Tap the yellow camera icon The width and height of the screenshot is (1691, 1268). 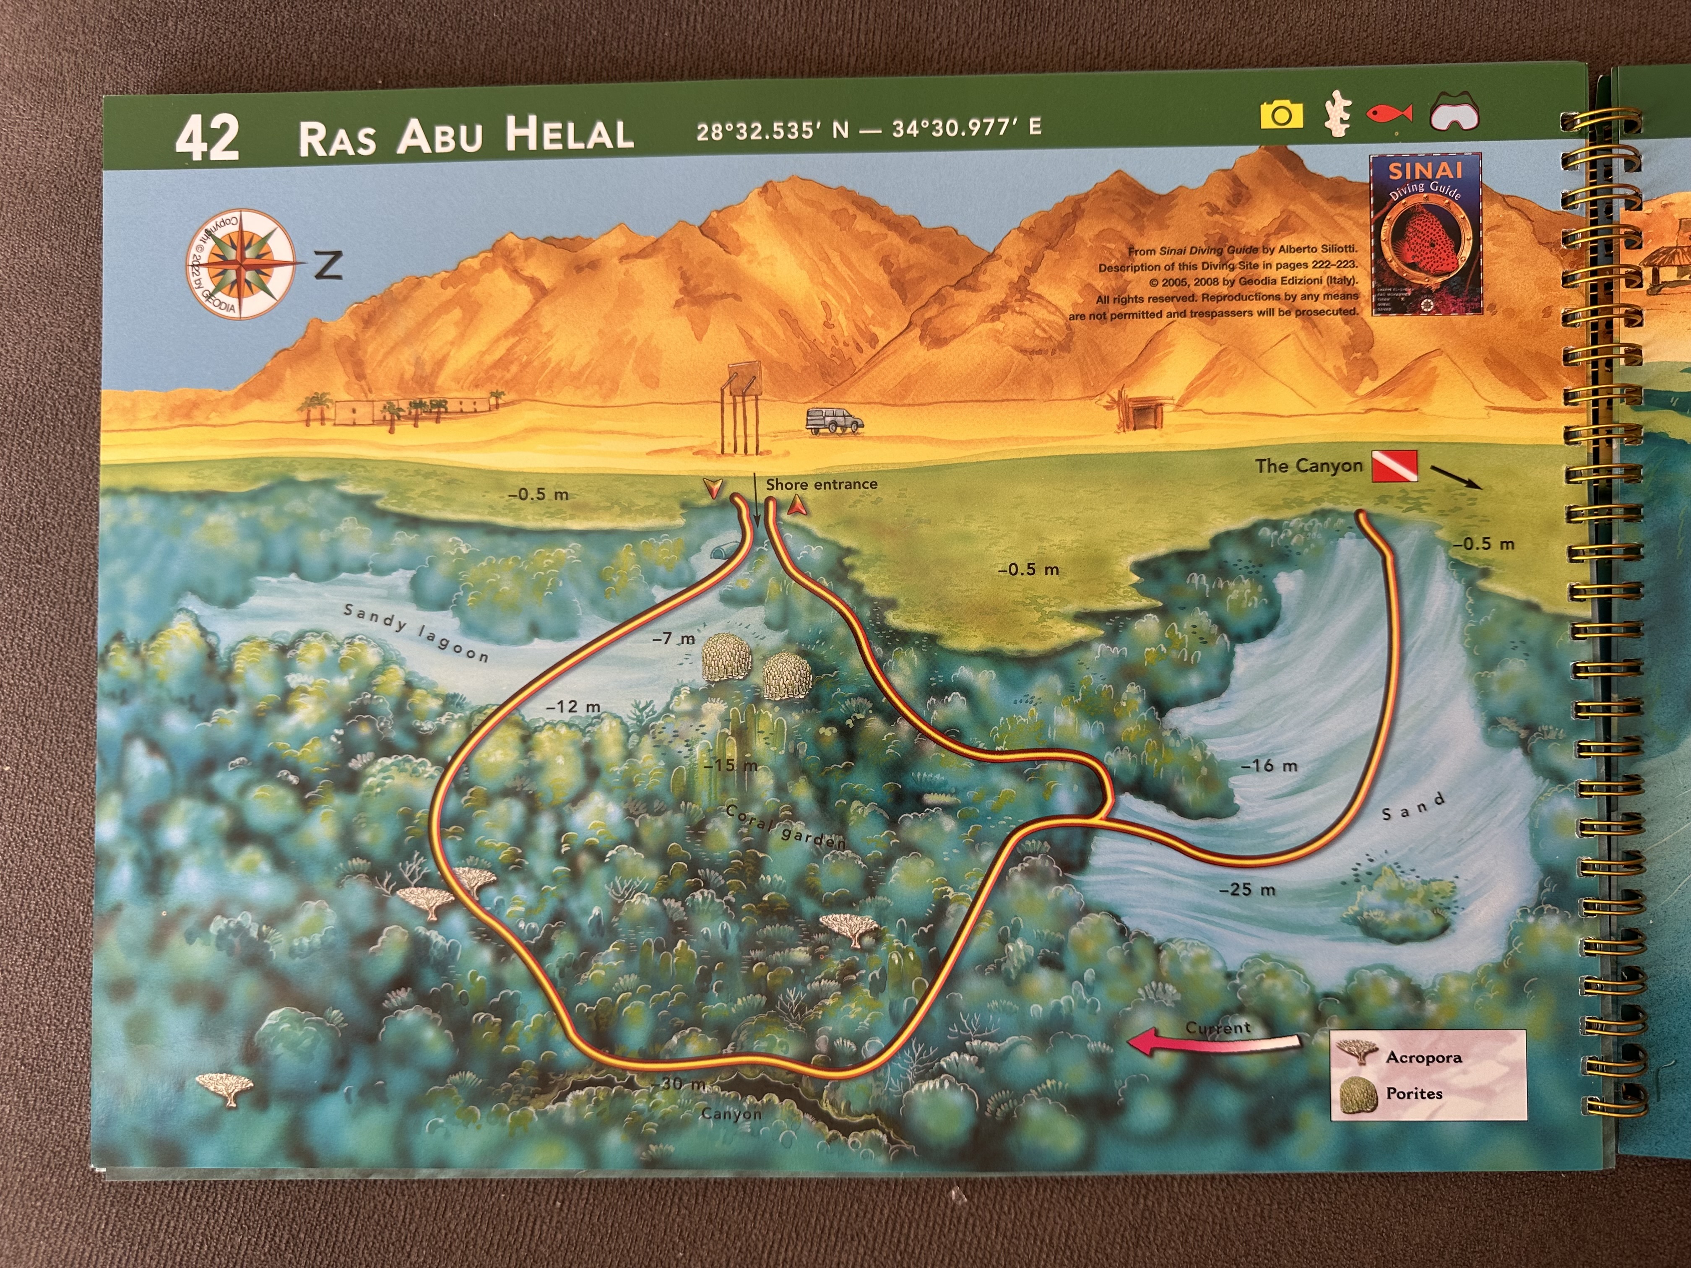(x=1281, y=115)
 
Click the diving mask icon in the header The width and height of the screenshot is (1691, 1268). (x=1455, y=114)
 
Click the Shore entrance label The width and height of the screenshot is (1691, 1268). (x=821, y=484)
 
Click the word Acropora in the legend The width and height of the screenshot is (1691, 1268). (x=1423, y=1057)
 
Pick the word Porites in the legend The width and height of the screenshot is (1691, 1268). (x=1414, y=1093)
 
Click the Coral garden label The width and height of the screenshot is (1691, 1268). (x=785, y=827)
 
